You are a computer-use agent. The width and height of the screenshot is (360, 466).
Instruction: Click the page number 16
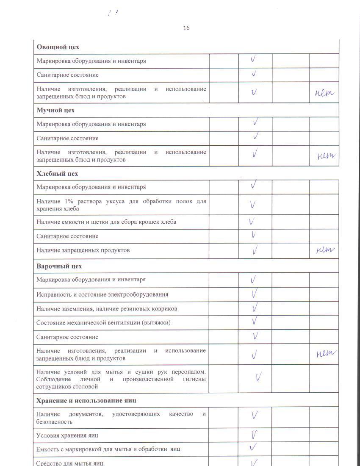pos(186,28)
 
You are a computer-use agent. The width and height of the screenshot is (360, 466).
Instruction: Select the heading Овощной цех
pos(58,47)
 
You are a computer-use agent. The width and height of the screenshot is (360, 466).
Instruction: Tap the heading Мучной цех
pos(55,110)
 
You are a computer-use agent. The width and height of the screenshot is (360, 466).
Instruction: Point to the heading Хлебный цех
pos(57,173)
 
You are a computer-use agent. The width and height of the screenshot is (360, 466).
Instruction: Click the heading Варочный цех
pos(59,266)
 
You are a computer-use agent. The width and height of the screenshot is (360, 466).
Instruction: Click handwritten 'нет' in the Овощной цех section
pos(324,93)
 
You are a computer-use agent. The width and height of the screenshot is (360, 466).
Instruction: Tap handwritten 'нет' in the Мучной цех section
pos(326,156)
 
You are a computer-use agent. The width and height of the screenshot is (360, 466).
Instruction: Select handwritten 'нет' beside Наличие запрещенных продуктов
pos(325,250)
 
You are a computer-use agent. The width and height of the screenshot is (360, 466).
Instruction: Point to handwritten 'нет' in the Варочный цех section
pos(326,354)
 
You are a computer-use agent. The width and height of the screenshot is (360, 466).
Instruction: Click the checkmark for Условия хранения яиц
pos(255,435)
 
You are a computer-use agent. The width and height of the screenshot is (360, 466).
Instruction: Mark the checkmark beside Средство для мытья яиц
pos(255,463)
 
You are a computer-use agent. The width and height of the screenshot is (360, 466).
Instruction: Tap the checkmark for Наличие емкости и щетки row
pos(252,221)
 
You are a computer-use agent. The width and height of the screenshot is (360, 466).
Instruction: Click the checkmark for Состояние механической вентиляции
pos(255,322)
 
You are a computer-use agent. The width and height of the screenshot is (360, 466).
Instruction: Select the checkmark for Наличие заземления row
pos(255,308)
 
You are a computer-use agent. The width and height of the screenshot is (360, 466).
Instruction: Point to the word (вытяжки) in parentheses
pos(156,323)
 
